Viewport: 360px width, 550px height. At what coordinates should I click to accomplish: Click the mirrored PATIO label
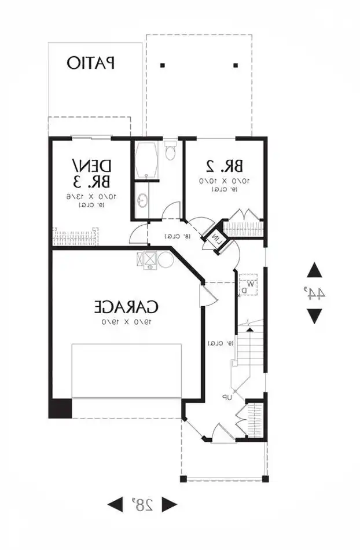91,63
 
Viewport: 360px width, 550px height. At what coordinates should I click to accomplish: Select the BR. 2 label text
223,166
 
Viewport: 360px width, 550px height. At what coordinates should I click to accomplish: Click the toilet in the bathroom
170,151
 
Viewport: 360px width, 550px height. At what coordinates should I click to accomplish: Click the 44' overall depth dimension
314,293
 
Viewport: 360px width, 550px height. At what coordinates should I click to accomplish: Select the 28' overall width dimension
142,504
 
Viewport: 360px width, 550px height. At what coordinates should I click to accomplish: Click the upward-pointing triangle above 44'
314,270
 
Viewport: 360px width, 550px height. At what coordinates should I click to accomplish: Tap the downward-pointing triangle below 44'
314,316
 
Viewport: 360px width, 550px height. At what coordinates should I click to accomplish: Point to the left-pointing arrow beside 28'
116,504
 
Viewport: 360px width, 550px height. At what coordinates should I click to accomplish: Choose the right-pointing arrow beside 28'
168,504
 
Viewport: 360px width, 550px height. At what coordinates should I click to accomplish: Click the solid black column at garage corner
60,408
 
